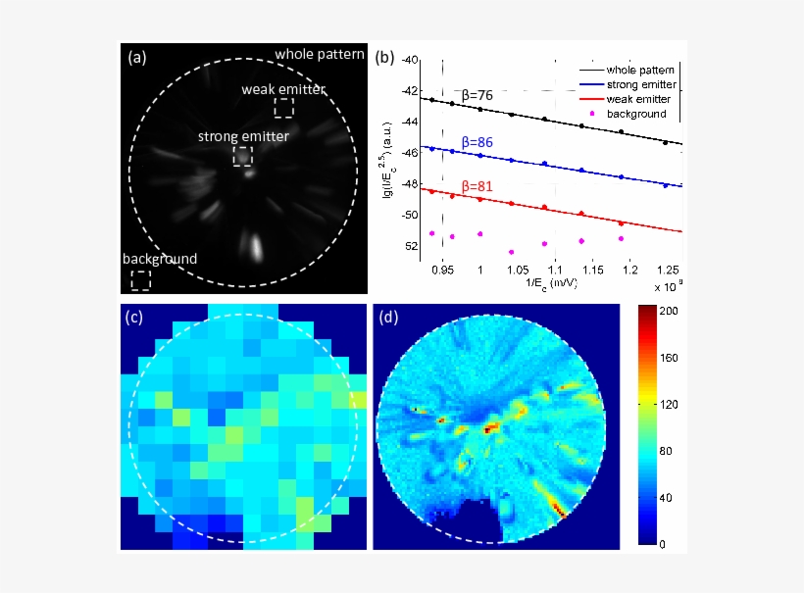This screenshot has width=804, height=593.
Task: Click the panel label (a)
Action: tap(138, 57)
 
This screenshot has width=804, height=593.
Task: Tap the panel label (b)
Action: tap(384, 57)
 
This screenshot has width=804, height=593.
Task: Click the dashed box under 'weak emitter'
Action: tap(283, 108)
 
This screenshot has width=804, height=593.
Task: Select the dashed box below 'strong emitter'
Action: tap(243, 156)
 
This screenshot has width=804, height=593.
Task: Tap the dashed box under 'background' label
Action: tap(141, 279)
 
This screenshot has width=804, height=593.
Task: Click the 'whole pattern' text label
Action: tap(320, 54)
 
